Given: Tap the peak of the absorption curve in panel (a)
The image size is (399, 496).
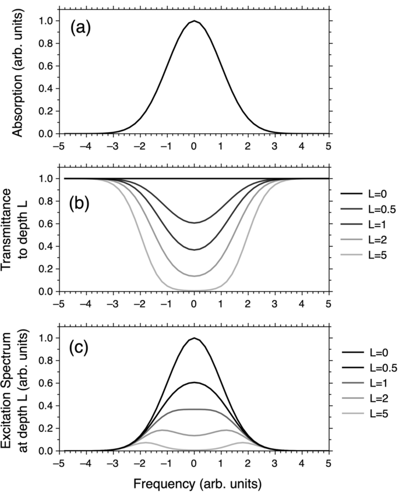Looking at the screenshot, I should pyautogui.click(x=194, y=22).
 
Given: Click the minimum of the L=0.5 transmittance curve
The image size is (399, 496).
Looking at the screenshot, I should pyautogui.click(x=194, y=222).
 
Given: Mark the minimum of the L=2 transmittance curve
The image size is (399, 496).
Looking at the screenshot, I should pyautogui.click(x=194, y=276).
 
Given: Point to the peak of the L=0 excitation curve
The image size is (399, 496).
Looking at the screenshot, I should pyautogui.click(x=194, y=338).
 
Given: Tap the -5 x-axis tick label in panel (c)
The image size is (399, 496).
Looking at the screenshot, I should pyautogui.click(x=58, y=463).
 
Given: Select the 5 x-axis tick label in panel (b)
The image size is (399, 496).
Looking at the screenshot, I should pyautogui.click(x=329, y=303).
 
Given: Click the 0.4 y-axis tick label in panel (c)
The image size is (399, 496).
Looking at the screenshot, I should pyautogui.click(x=47, y=406).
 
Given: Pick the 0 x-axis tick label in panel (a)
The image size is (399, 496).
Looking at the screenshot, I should pyautogui.click(x=194, y=146).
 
